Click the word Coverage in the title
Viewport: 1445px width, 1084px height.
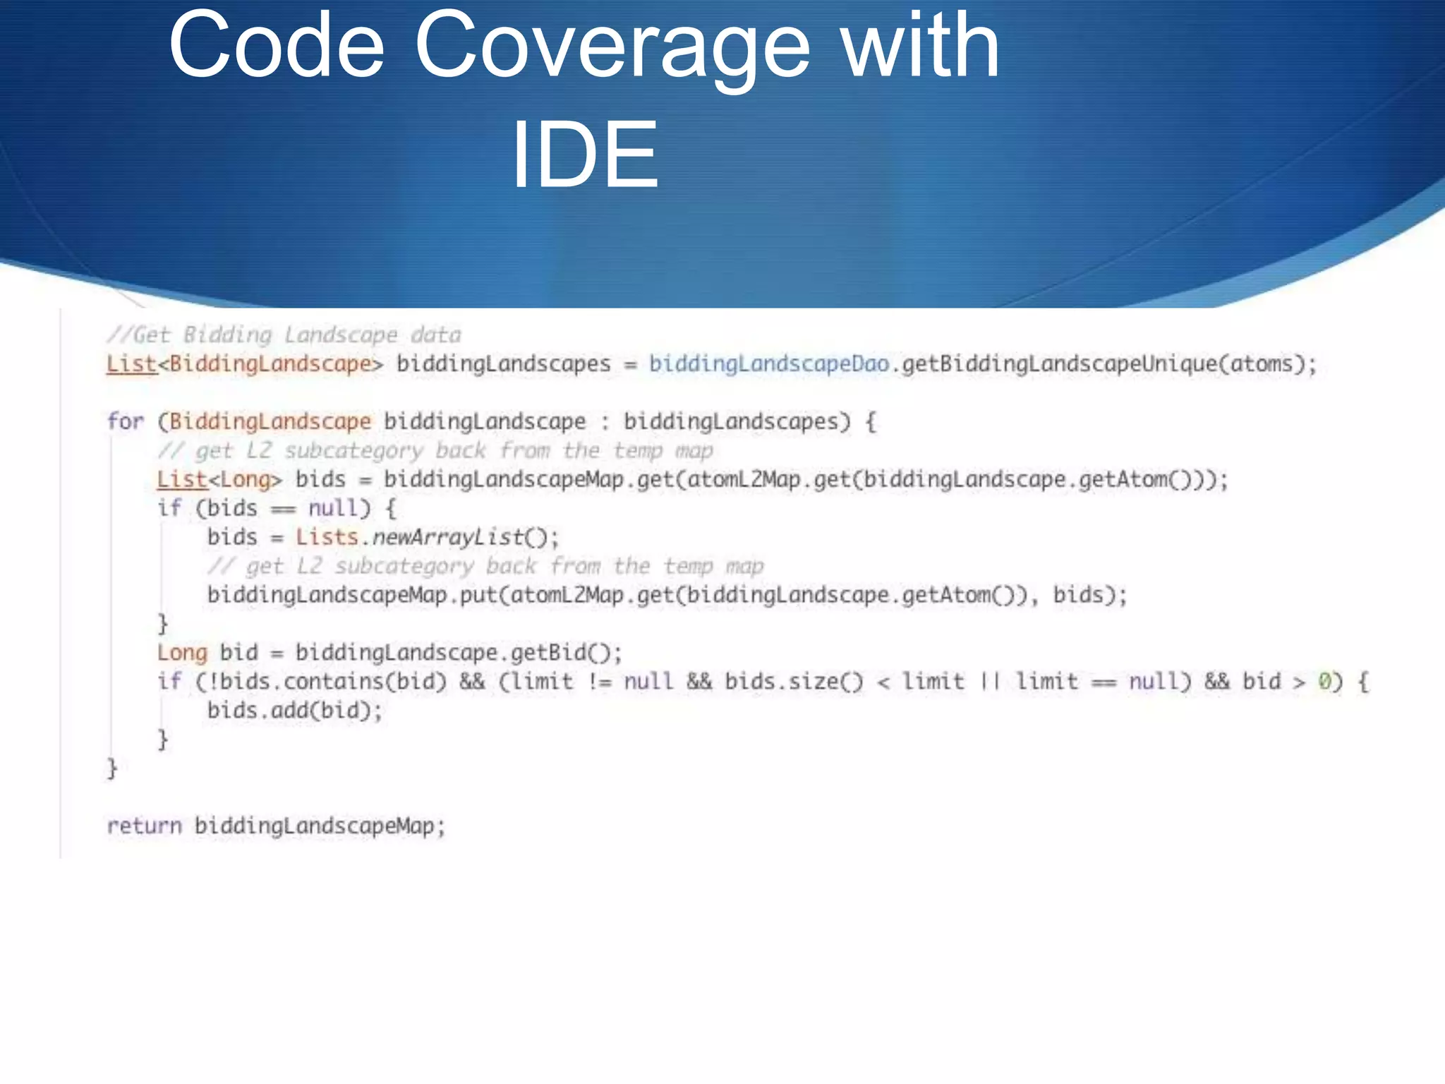point(612,47)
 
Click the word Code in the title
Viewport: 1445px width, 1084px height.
point(277,47)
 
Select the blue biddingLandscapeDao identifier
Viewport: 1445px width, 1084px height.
point(768,364)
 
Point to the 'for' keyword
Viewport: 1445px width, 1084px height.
point(125,422)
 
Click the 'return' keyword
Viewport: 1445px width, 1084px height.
point(144,826)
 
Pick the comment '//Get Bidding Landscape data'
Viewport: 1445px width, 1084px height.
point(284,335)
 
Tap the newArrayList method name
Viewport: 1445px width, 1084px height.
point(447,537)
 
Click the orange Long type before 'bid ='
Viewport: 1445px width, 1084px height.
point(182,653)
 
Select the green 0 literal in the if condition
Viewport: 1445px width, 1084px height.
point(1325,682)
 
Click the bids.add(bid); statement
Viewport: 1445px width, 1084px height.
point(294,711)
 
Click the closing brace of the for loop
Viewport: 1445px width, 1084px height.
point(111,769)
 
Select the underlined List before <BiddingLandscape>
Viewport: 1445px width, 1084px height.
point(131,364)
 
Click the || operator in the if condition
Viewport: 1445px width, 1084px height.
point(990,682)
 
